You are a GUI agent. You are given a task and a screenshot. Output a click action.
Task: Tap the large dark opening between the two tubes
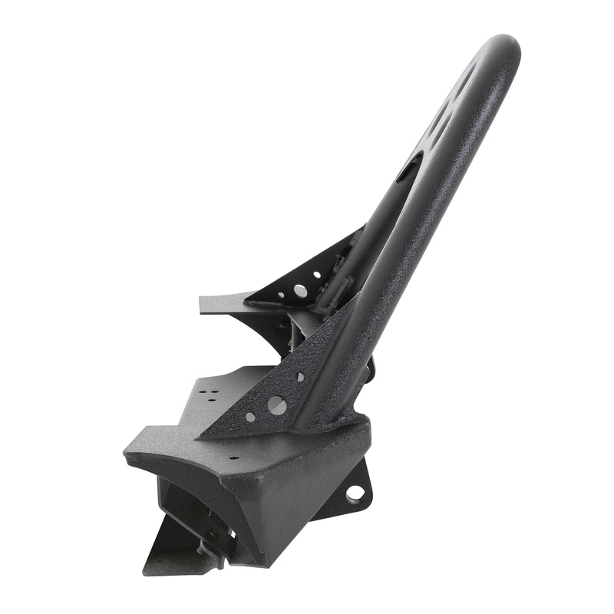click(409, 165)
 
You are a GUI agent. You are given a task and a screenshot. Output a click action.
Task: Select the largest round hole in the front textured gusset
click(277, 405)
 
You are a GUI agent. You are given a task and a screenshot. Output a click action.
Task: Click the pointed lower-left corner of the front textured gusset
click(201, 437)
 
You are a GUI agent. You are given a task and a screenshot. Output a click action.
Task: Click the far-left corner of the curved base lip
click(127, 457)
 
